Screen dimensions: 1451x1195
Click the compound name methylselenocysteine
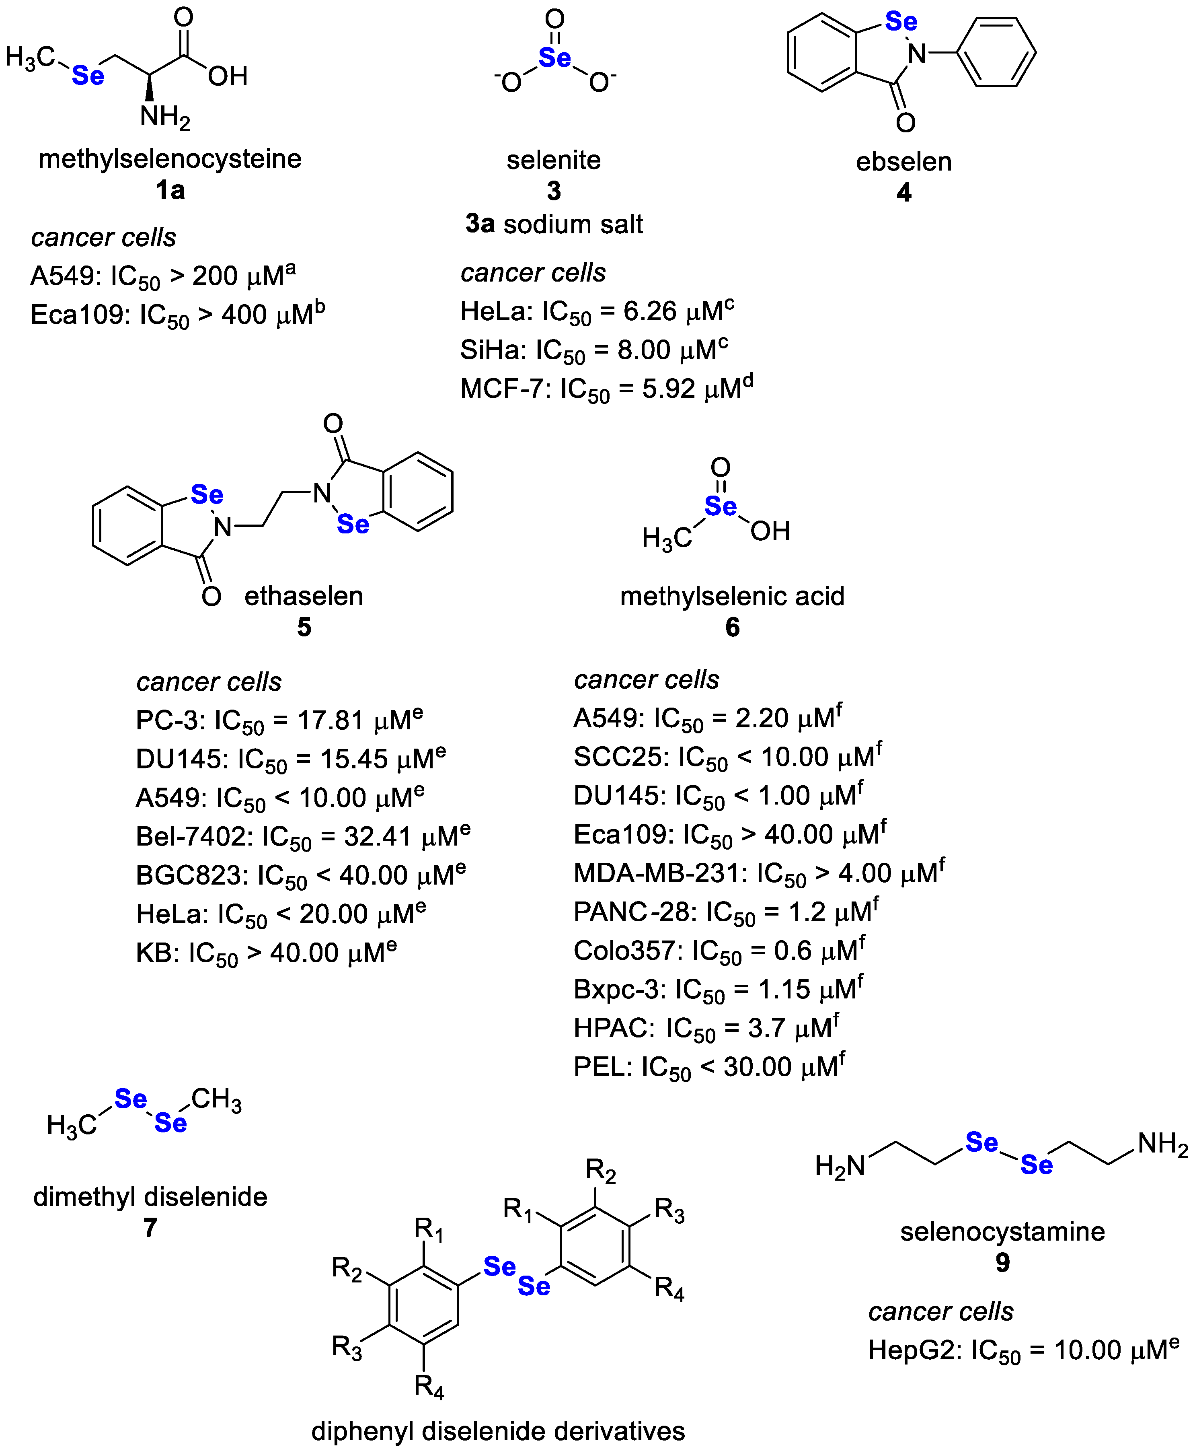tap(170, 159)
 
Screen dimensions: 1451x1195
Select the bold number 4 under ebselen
tap(904, 192)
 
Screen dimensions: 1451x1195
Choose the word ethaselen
tap(304, 596)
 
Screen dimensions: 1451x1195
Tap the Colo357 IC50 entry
tap(719, 951)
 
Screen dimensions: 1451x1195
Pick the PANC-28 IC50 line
tap(726, 912)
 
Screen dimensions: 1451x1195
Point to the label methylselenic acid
tap(732, 596)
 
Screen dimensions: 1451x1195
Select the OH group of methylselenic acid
tap(770, 531)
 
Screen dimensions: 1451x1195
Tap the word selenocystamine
tap(1002, 1231)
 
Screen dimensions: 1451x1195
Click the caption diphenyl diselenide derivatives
tap(498, 1431)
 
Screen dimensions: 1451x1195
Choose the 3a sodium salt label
tap(554, 224)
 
